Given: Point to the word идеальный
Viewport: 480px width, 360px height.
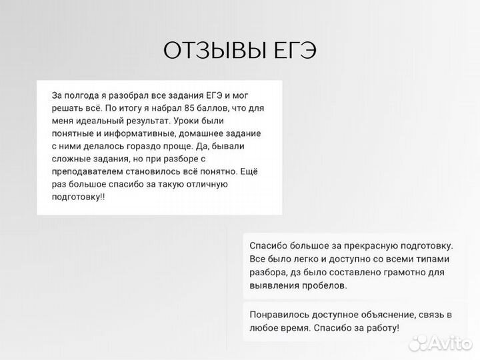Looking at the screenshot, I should tap(101, 121).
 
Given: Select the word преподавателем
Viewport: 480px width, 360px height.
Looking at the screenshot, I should tap(83, 172).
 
